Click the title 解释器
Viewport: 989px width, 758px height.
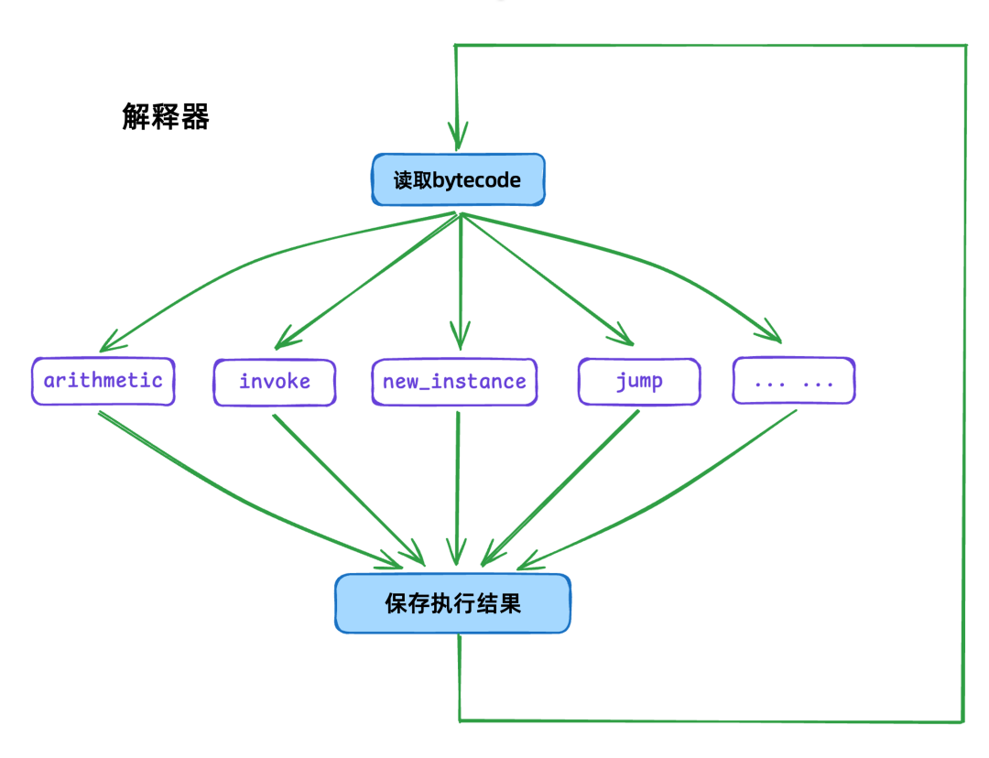(166, 117)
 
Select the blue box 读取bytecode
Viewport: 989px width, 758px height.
(458, 179)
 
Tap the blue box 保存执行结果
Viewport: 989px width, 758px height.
(452, 603)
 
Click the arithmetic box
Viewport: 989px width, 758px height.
(103, 381)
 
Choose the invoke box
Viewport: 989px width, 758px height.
(275, 382)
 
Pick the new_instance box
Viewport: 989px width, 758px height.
(454, 382)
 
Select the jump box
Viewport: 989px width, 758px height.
(639, 382)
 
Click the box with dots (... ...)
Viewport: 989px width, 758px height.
(794, 382)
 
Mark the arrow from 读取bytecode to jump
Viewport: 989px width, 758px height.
(549, 279)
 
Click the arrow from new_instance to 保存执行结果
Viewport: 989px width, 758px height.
(458, 490)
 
